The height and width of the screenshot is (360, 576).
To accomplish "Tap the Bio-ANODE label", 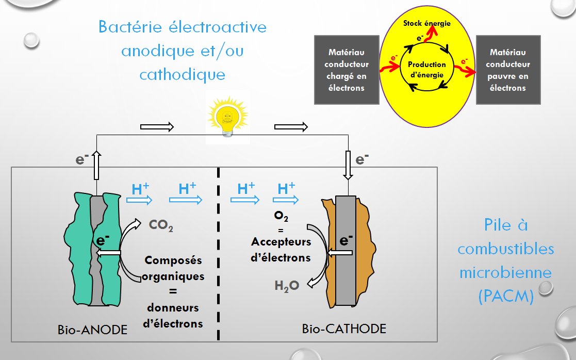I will point(92,329).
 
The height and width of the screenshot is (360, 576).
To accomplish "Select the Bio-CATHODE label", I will point(344,328).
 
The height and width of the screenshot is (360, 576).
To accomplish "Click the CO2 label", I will point(161,225).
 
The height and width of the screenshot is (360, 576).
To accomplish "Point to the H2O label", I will point(287,285).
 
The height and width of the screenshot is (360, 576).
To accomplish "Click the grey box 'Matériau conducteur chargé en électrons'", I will point(345,70).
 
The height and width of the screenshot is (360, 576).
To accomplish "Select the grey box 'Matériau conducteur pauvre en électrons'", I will point(508,70).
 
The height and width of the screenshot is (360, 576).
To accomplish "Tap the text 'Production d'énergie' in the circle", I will point(426,70).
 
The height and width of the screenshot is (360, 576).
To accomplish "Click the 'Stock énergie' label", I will point(427,23).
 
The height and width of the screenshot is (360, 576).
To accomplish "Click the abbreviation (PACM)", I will point(505,297).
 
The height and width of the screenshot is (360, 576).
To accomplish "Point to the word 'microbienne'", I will point(505,272).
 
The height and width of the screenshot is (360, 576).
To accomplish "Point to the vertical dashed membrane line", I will point(219,258).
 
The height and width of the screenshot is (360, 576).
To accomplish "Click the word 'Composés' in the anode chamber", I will point(173,260).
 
